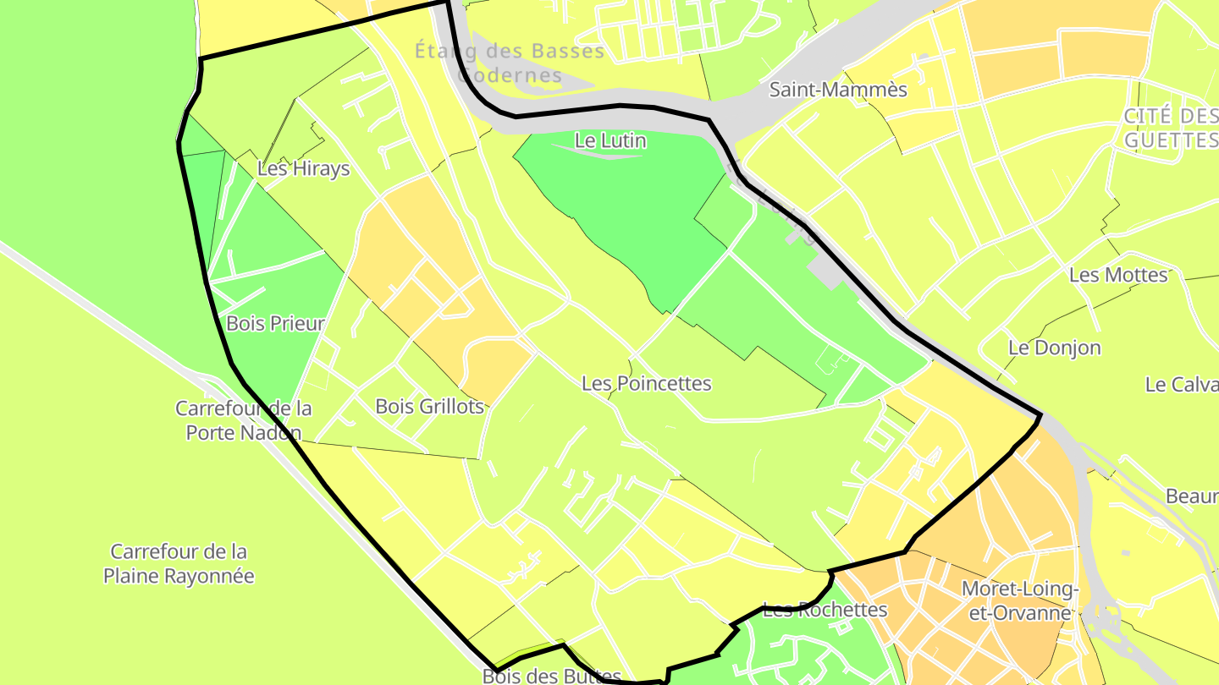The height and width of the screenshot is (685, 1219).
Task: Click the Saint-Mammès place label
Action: (838, 90)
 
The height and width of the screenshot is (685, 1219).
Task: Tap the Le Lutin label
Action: (610, 140)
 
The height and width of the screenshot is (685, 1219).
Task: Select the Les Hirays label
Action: (303, 168)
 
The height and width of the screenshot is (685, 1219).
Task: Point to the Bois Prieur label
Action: (276, 323)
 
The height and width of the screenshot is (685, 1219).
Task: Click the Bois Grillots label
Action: (429, 406)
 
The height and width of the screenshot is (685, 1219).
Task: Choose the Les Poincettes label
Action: (647, 383)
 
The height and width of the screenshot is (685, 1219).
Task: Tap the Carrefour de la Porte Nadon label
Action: (243, 420)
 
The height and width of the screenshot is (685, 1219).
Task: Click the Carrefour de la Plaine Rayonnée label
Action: (179, 563)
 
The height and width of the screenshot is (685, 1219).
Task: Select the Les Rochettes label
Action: (825, 609)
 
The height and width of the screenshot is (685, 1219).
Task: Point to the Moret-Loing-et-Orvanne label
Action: (1020, 600)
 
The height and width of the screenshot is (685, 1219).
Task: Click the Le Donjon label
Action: (1055, 347)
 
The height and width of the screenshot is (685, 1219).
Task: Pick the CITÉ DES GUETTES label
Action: (1172, 128)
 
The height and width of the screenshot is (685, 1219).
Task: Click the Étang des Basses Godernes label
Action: (510, 63)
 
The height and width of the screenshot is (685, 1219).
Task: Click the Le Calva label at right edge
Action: (1181, 384)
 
